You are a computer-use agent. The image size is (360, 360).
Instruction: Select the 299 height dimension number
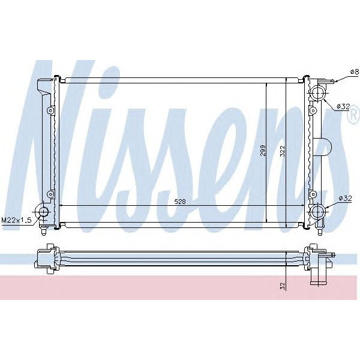coord(262,151)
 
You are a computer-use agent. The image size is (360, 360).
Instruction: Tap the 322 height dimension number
coord(282,151)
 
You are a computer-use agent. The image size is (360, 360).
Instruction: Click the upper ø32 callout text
coord(343,106)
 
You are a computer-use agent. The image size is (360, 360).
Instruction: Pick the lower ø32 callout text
coord(344,198)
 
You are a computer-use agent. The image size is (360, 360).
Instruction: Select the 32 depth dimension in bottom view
coord(282,286)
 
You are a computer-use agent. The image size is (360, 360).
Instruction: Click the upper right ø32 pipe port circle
coord(317,93)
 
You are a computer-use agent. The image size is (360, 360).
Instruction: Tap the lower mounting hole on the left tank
coord(51,193)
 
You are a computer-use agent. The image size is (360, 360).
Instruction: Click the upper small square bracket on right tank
coord(313,110)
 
